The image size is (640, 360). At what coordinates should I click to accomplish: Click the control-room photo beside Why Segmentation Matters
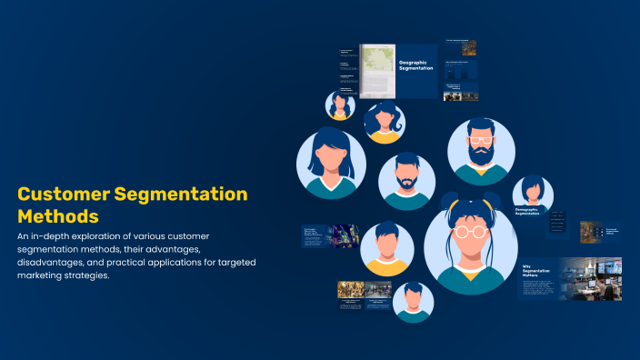click(590, 276)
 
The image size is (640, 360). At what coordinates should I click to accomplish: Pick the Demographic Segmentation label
click(527, 213)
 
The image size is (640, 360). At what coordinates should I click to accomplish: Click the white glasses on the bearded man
click(480, 139)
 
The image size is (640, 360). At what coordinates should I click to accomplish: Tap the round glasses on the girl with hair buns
click(470, 231)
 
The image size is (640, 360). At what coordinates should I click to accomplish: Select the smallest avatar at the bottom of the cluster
click(414, 302)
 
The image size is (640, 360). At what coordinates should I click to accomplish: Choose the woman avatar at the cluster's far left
click(331, 164)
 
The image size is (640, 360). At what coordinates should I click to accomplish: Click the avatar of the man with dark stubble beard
click(406, 181)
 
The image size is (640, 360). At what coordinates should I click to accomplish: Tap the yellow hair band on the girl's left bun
click(449, 203)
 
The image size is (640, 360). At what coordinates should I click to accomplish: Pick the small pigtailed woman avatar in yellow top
click(385, 122)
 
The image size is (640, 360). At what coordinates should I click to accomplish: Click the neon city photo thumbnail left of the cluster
click(344, 235)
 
